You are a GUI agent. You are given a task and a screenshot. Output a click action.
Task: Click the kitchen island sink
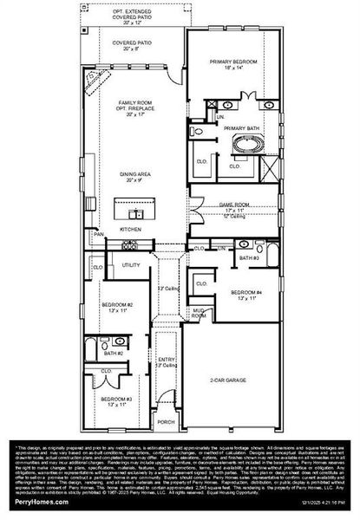(135, 213)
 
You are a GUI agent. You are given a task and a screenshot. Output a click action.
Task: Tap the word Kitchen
(130, 229)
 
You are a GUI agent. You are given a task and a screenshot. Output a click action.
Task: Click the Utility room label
(131, 265)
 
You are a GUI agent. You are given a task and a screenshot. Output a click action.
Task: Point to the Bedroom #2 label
(115, 307)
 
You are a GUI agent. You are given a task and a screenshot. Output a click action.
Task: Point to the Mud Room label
(199, 313)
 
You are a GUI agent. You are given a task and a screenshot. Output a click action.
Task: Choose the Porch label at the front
(165, 422)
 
